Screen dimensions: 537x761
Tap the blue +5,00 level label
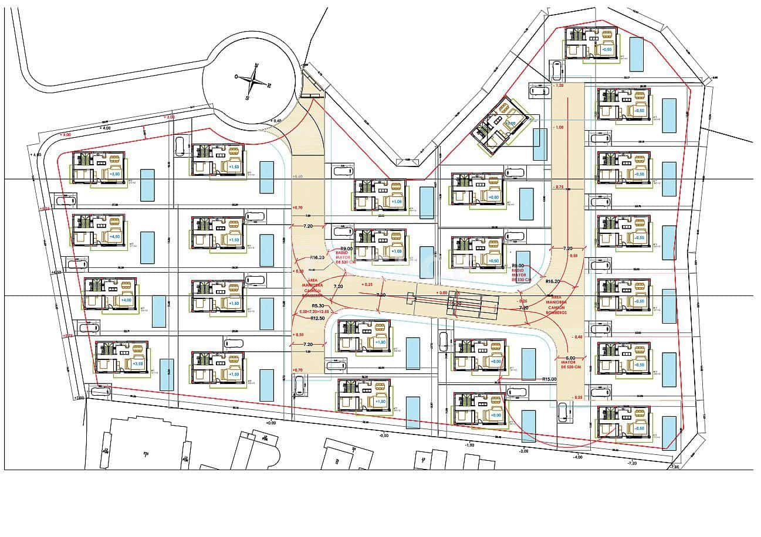tap(114, 174)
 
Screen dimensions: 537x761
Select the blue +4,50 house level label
tap(114, 236)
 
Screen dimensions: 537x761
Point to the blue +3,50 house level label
tap(138, 364)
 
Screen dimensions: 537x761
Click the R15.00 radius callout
tap(550, 379)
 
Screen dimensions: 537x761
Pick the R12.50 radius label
tap(319, 318)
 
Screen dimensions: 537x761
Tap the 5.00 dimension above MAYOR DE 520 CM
tap(570, 358)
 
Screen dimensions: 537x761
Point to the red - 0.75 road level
tap(558, 187)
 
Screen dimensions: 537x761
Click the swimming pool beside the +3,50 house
tap(167, 374)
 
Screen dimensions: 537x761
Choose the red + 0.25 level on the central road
tap(367, 284)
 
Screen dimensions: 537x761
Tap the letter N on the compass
tap(256, 65)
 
